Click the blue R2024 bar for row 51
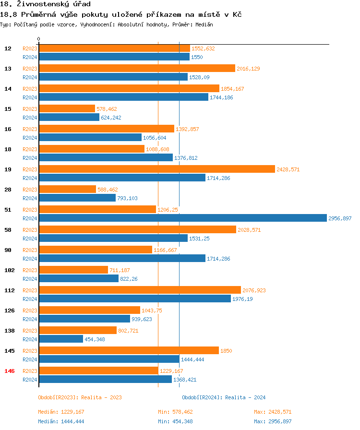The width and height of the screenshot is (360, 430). pyautogui.click(x=182, y=218)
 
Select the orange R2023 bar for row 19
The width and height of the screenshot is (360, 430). pyautogui.click(x=156, y=169)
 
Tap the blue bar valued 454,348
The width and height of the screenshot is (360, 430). pyautogui.click(x=60, y=339)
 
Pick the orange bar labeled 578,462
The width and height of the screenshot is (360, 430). pyautogui.click(x=67, y=109)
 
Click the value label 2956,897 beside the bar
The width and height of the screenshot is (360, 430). pyautogui.click(x=340, y=218)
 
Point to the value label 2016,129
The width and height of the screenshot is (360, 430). pyautogui.click(x=248, y=69)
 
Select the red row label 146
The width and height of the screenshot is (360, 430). pyautogui.click(x=9, y=371)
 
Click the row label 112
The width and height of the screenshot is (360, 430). pyautogui.click(x=9, y=290)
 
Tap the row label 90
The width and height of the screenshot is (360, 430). pyautogui.click(x=8, y=250)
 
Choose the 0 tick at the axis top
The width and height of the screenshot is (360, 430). pyautogui.click(x=38, y=39)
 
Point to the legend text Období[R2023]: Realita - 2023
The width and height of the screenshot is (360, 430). pyautogui.click(x=80, y=397)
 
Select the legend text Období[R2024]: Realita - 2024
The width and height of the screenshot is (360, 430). pyautogui.click(x=224, y=397)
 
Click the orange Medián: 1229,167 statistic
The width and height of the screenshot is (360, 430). pyautogui.click(x=61, y=412)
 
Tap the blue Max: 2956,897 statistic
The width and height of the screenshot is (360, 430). pyautogui.click(x=273, y=421)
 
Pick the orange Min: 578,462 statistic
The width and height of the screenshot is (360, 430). pyautogui.click(x=175, y=412)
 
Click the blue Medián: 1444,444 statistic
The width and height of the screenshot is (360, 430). pyautogui.click(x=61, y=421)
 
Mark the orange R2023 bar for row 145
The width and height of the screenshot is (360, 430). pyautogui.click(x=129, y=351)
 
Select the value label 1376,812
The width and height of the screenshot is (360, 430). pyautogui.click(x=186, y=158)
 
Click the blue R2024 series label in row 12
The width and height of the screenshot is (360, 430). pyautogui.click(x=30, y=57)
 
